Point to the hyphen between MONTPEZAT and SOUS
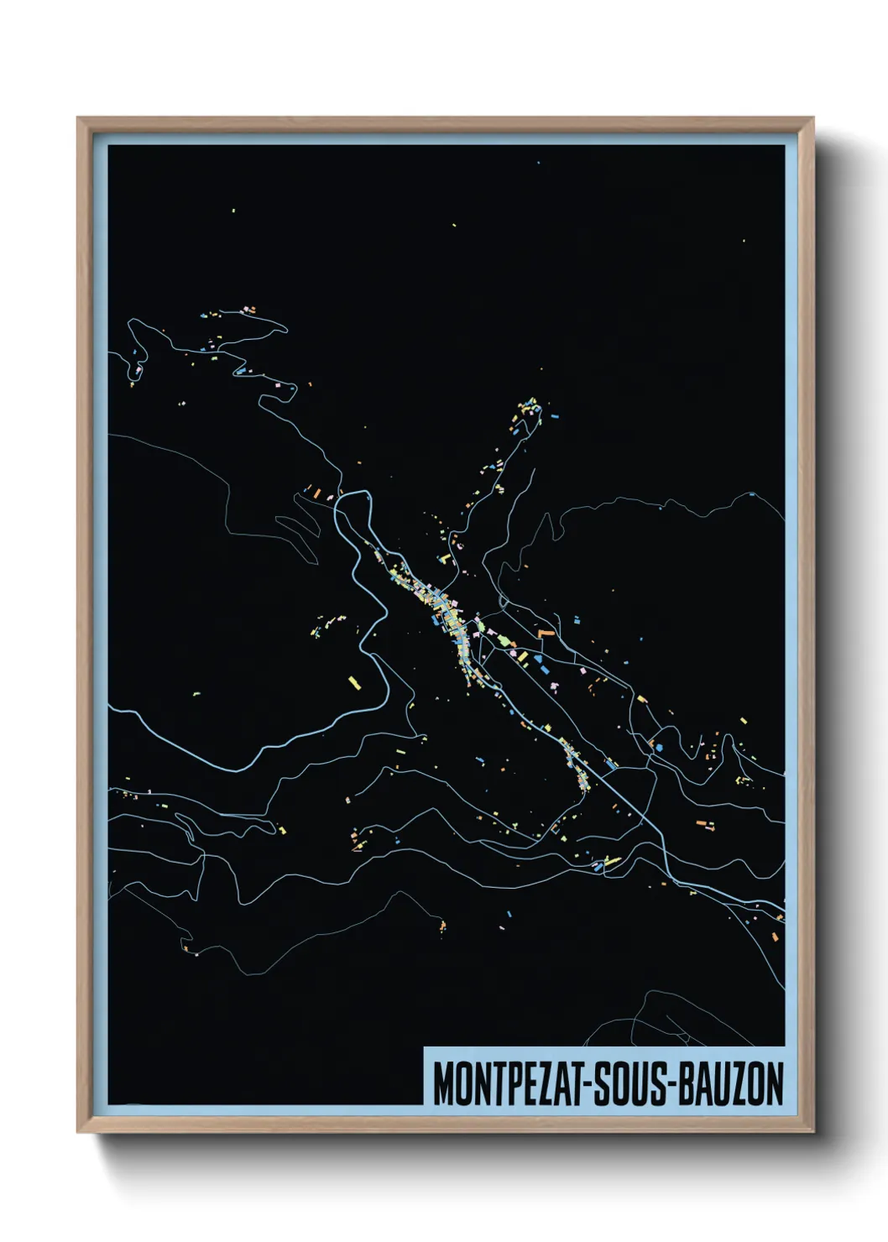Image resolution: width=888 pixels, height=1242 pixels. (x=594, y=1085)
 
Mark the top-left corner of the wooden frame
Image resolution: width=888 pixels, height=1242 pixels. (x=79, y=119)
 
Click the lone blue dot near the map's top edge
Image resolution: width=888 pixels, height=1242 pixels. (x=538, y=163)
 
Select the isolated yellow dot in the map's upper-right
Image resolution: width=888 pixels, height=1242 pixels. (x=744, y=241)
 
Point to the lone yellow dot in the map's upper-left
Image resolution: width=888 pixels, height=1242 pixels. (x=233, y=211)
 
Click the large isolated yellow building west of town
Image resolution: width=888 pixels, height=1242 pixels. (x=354, y=683)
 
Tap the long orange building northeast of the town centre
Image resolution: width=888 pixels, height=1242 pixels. (x=546, y=633)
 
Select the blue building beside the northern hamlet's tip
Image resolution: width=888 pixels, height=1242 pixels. (x=555, y=415)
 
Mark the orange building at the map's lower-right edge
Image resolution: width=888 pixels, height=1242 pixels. (x=780, y=918)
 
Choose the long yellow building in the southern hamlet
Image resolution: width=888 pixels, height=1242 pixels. (x=612, y=861)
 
